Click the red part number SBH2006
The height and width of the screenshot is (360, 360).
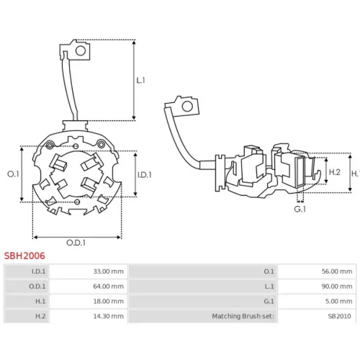tap(24, 256)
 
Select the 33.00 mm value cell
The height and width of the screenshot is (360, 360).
tap(109, 271)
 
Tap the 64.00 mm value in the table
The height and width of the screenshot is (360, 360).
tap(109, 287)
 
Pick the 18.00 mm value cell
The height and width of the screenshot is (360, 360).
tap(109, 301)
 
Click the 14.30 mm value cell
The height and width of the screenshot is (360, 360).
tap(109, 316)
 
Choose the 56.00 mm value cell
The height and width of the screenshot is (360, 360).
tap(337, 271)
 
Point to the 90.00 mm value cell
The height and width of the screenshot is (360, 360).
tap(337, 287)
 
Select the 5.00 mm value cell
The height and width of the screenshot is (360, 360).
tap(338, 301)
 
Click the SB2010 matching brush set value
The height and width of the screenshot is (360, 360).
tap(339, 316)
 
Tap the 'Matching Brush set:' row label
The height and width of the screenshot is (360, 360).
tap(243, 316)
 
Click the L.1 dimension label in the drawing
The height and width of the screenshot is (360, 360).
tap(140, 80)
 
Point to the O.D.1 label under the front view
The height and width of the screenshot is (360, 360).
tap(76, 243)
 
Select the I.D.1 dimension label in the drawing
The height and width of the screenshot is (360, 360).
tap(145, 175)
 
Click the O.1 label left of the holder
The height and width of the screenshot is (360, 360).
tap(13, 174)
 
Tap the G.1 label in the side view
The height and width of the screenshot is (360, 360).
tap(300, 209)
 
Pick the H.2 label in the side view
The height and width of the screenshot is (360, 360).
tap(335, 172)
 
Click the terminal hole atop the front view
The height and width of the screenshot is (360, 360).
tap(81, 50)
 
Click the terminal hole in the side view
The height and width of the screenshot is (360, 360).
tap(187, 107)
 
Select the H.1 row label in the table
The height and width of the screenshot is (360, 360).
tap(40, 301)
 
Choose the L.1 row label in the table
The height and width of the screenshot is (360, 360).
tap(269, 287)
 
